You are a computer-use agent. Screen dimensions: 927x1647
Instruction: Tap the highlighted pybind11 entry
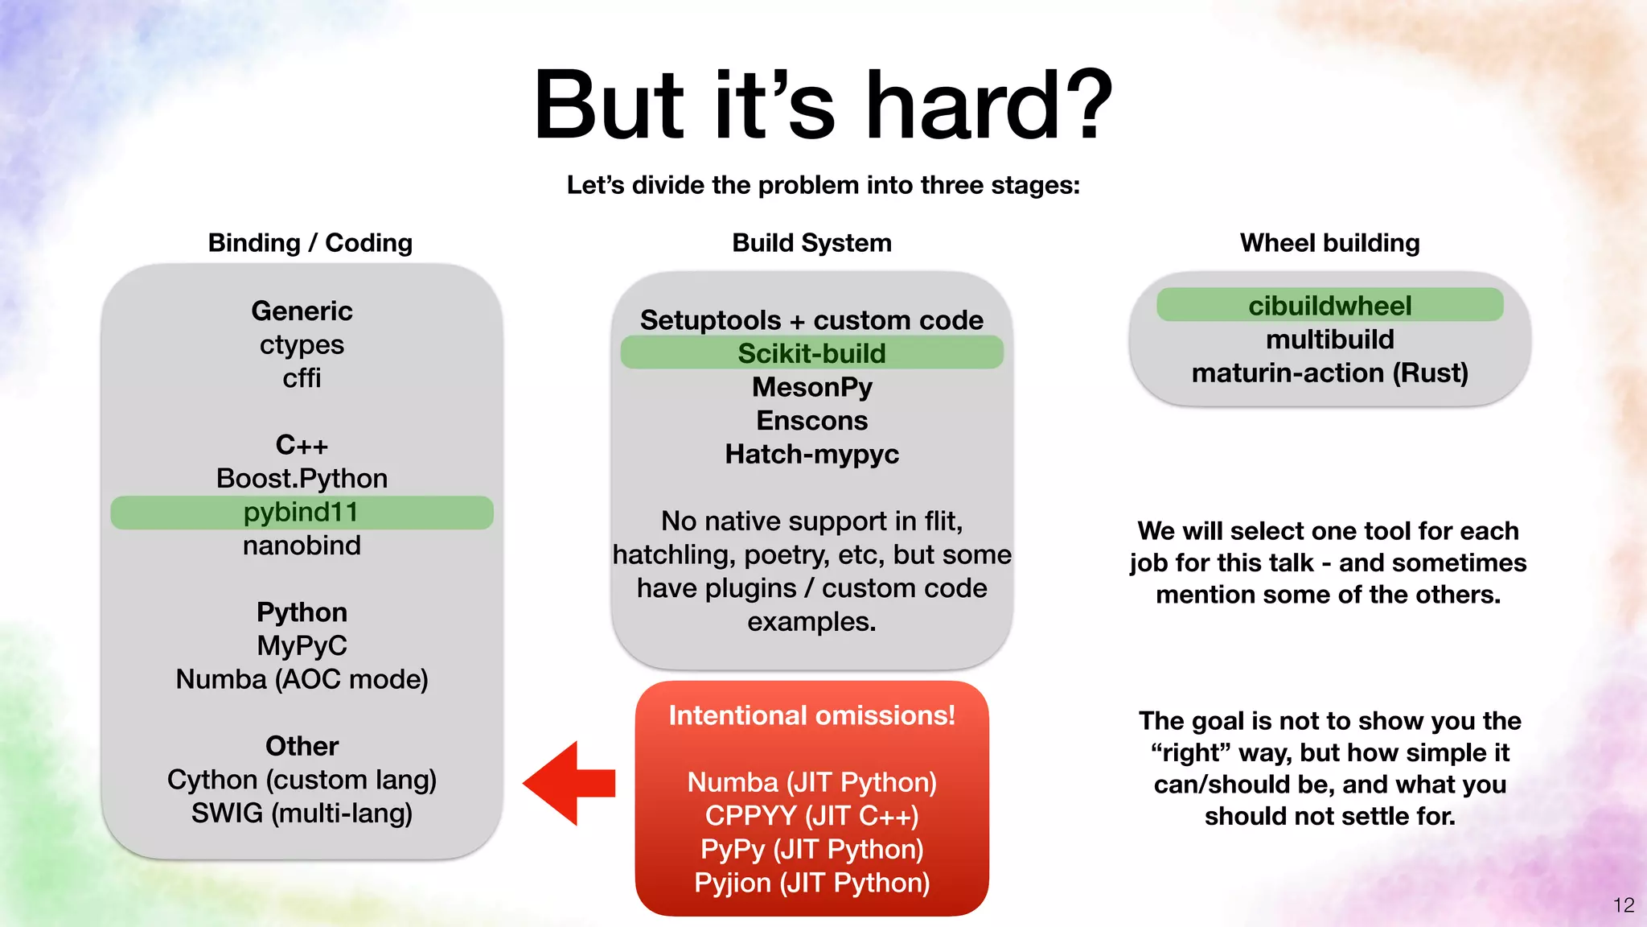pos(302,513)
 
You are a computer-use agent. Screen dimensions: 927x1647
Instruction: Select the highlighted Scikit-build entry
pos(811,353)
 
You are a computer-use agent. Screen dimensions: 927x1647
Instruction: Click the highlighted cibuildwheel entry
pos(1329,306)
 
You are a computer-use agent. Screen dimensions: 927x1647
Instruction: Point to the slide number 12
pos(1623,905)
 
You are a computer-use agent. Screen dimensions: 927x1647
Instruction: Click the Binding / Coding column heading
pos(310,243)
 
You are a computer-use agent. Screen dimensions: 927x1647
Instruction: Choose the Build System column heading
pos(811,243)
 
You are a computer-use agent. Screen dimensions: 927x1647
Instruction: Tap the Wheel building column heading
pos(1329,243)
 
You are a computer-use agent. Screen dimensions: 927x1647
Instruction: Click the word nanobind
pos(302,546)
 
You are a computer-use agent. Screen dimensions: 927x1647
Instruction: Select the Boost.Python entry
pos(302,479)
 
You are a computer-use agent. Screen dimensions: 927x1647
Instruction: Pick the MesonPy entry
pos(811,387)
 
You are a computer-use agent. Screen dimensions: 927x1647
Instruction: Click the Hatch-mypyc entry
pos(811,454)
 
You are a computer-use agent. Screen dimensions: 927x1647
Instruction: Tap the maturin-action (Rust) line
pos(1329,373)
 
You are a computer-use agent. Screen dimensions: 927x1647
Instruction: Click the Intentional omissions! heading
pos(811,715)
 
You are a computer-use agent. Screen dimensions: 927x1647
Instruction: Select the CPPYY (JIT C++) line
pos(811,816)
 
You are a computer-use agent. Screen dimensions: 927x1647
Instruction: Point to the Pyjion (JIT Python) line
pos(811,883)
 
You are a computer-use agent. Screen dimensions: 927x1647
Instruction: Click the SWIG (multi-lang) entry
pos(302,814)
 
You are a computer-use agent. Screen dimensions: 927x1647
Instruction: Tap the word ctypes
pos(302,345)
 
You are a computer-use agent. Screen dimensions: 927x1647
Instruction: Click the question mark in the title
pos(1086,106)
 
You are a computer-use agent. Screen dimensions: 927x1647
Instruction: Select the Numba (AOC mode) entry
pos(302,679)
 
